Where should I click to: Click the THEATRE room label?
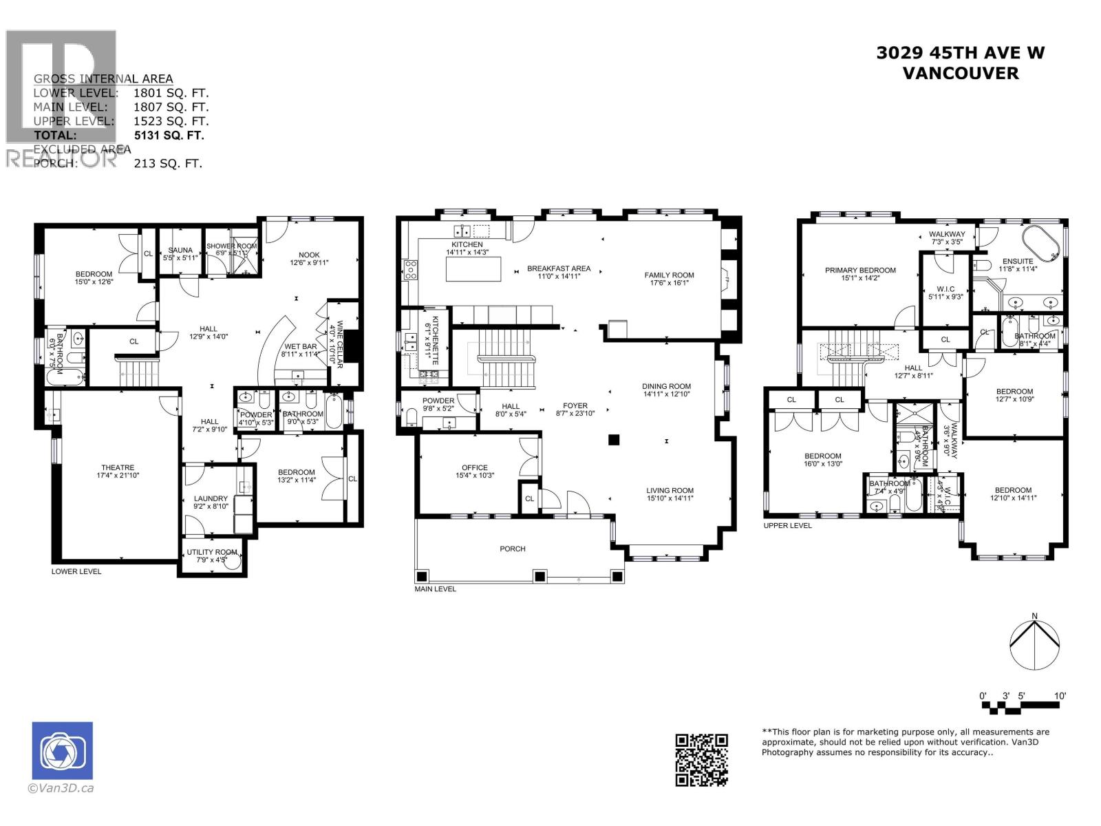118,467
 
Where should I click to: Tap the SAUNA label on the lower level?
180,251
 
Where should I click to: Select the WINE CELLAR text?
335,335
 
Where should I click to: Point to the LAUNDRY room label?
211,498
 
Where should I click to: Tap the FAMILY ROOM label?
669,275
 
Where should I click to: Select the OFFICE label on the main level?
475,467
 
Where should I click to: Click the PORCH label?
513,549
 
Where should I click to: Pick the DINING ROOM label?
666,386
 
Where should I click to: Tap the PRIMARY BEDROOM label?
860,271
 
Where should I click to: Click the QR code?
701,760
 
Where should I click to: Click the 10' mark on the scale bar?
1060,696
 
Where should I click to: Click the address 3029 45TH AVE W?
960,53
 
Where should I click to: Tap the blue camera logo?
62,751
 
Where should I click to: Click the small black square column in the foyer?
614,440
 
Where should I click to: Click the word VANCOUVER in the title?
960,74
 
